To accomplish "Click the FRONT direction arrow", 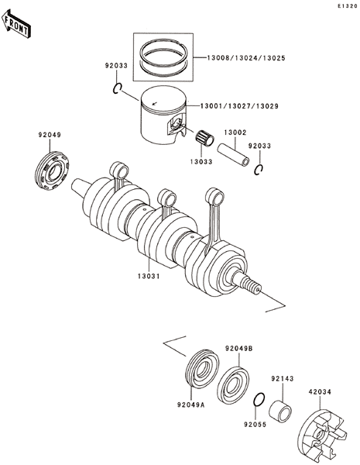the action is coord(16,24).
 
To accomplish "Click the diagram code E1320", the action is coord(348,6).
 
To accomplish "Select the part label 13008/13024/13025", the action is coord(246,58).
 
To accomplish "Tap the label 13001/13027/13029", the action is coord(239,106).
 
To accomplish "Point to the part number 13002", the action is coord(235,133).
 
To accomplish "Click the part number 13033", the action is coord(201,162).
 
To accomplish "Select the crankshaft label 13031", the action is coord(149,276).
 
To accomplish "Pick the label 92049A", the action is coord(191,405).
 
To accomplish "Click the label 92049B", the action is coord(238,349).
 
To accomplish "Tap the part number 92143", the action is coord(283,379).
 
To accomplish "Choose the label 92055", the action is coord(255,425).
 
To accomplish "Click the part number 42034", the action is coord(320,391).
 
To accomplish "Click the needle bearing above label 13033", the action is coord(204,138).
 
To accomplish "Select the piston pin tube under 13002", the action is coord(233,155).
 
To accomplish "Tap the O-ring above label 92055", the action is coord(259,399).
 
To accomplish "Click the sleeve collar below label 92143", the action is coord(280,411).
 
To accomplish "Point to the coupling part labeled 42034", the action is coord(321,436).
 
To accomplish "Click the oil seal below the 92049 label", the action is coord(52,170).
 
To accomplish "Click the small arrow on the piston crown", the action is coord(154,104).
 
